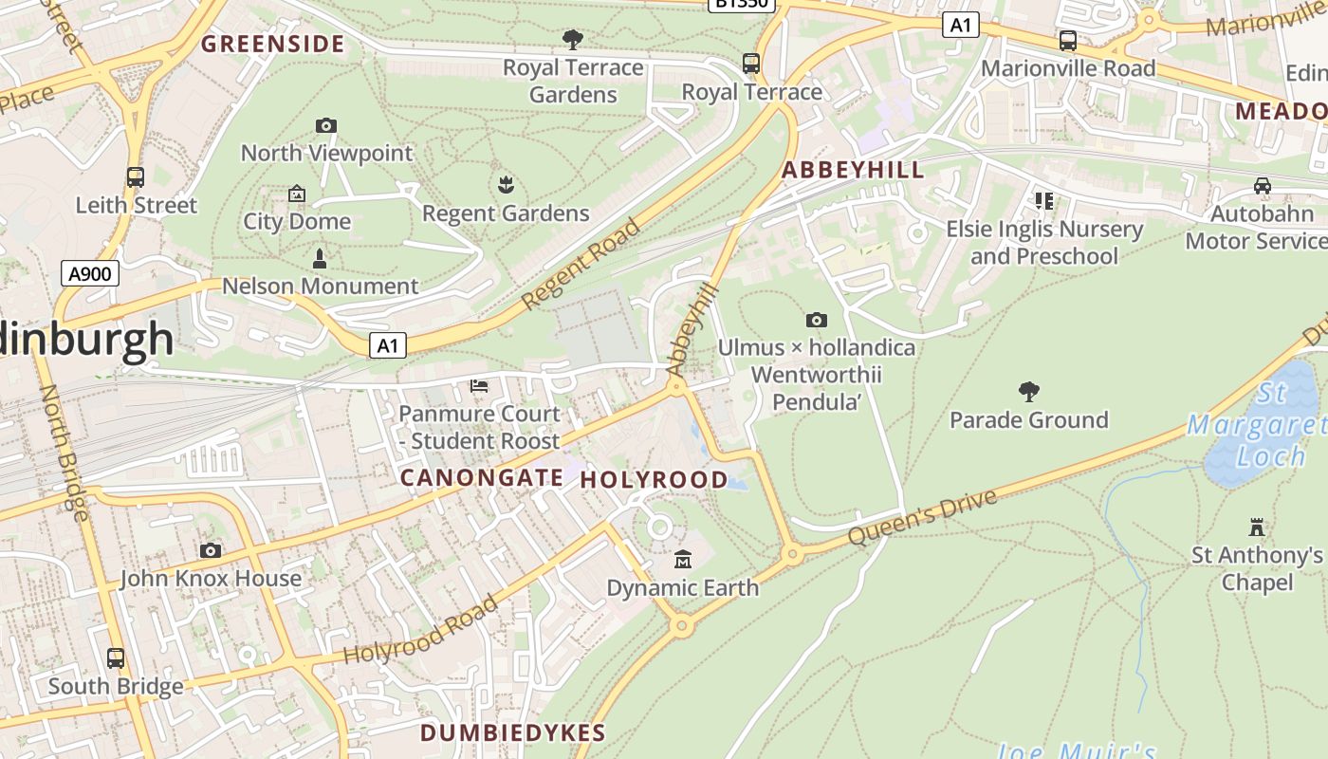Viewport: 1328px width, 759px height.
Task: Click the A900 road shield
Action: (x=91, y=274)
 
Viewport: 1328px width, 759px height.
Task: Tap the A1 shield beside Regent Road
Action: (x=387, y=345)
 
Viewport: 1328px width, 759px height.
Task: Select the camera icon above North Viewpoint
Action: (x=325, y=125)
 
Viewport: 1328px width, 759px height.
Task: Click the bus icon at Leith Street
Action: (x=136, y=177)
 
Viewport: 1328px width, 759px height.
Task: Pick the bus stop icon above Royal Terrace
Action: (x=751, y=64)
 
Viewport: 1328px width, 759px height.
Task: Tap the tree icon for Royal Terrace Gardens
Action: (x=572, y=40)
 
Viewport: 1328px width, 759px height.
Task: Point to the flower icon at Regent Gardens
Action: (x=505, y=185)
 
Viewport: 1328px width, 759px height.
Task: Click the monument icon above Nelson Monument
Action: (x=320, y=258)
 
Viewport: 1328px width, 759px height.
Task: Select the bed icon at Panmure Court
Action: (x=479, y=386)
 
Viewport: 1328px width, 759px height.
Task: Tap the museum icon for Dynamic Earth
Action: (x=682, y=560)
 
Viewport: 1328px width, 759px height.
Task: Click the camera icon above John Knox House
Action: (x=211, y=550)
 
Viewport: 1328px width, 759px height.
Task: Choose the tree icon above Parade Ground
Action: (x=1028, y=392)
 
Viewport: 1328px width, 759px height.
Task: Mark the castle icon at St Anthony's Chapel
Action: (x=1257, y=527)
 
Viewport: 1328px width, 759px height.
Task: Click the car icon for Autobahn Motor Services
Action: (x=1262, y=186)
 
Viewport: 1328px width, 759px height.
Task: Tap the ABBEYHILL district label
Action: (x=852, y=170)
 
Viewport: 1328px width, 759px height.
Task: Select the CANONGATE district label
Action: (x=481, y=477)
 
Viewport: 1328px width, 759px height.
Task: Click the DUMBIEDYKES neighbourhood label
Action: (x=512, y=732)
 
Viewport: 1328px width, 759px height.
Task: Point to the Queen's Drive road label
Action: (x=922, y=518)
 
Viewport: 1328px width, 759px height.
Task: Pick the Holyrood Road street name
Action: (x=420, y=630)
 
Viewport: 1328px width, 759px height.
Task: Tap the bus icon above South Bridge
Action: (x=116, y=657)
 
